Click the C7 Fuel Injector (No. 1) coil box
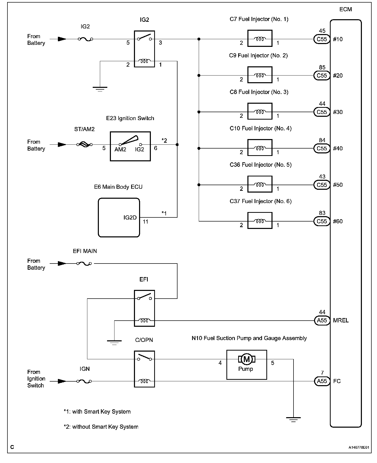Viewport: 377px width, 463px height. click(x=260, y=38)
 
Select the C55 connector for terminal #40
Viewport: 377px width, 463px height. click(x=322, y=149)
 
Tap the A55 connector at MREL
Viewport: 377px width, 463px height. click(x=322, y=320)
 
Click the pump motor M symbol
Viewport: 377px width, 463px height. click(x=247, y=359)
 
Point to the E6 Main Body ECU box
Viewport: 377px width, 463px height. click(x=119, y=217)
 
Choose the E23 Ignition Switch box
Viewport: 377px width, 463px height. click(x=130, y=146)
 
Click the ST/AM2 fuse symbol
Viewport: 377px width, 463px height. click(x=85, y=145)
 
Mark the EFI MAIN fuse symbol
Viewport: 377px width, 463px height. click(x=84, y=264)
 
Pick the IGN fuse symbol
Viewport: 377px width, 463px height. click(x=84, y=381)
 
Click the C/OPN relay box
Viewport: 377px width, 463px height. click(x=144, y=369)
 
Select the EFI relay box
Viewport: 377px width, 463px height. click(x=144, y=308)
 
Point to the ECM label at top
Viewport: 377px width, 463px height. click(x=345, y=9)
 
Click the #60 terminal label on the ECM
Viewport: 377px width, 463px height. click(x=338, y=222)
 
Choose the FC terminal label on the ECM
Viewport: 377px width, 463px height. click(x=337, y=381)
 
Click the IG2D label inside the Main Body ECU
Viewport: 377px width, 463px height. click(x=130, y=218)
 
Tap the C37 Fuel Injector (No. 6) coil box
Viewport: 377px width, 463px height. click(x=260, y=221)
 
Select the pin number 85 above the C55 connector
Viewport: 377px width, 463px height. click(x=322, y=67)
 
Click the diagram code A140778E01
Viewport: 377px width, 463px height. click(x=359, y=447)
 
